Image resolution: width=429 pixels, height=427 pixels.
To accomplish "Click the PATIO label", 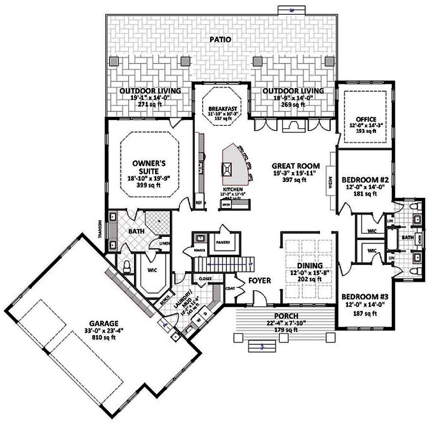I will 220,40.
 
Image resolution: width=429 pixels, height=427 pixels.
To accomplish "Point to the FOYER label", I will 259,281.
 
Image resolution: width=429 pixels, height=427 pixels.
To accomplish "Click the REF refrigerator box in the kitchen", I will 199,203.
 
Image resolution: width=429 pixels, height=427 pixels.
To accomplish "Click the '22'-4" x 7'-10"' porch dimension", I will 274,323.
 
